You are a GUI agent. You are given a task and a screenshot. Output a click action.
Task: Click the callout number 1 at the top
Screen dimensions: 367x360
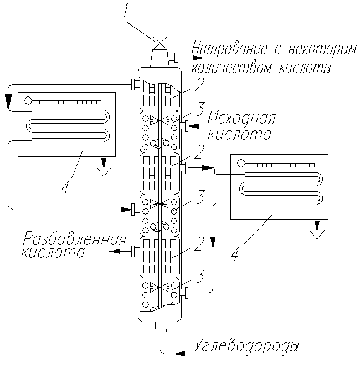(126, 9)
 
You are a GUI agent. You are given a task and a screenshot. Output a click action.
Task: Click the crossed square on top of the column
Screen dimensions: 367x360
(160, 43)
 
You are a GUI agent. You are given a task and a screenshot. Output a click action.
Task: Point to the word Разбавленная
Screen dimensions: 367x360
(74, 239)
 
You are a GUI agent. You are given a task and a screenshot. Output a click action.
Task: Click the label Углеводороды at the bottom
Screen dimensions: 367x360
(248, 346)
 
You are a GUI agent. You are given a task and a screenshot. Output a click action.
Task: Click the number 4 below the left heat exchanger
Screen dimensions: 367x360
(65, 188)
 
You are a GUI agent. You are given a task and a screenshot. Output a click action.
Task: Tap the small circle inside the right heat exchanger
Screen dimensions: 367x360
(240, 163)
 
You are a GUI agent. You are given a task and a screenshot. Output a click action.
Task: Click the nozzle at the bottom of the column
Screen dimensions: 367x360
(160, 328)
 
